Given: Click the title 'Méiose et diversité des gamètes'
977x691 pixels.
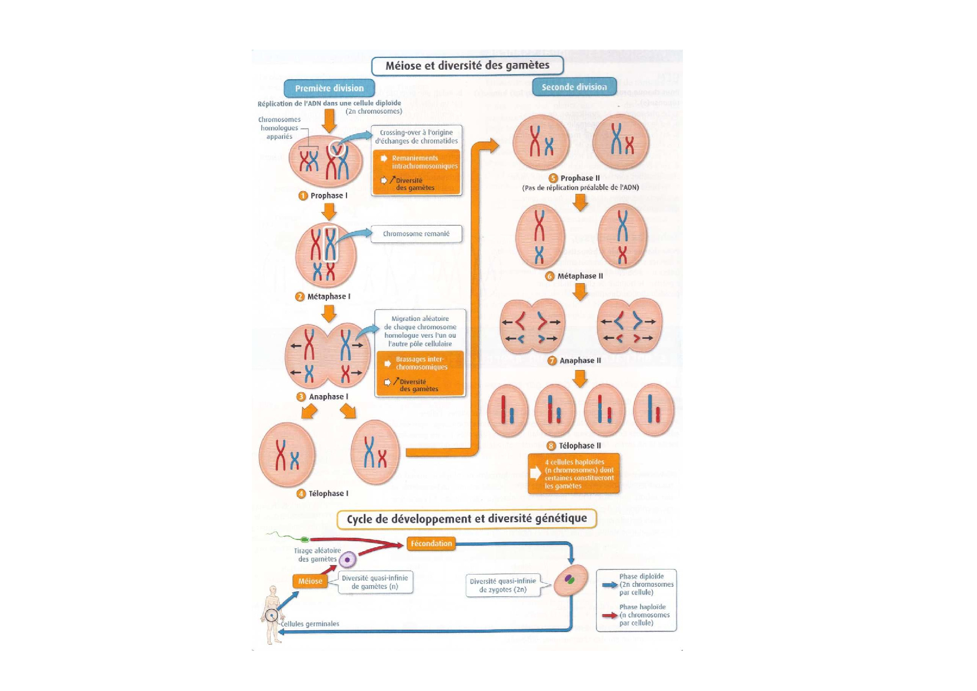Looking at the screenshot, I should point(467,66).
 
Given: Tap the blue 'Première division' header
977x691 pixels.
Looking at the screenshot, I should point(329,88).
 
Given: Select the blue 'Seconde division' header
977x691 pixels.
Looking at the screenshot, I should point(574,87).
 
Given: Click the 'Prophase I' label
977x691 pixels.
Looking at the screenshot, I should point(329,196).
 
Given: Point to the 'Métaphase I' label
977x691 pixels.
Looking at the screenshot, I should point(329,296).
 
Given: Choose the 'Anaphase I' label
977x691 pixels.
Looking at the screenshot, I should point(328,397).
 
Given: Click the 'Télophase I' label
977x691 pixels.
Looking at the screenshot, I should point(328,494).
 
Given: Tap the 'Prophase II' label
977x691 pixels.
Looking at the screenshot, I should point(579,178).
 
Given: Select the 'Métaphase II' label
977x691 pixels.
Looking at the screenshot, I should point(580,276).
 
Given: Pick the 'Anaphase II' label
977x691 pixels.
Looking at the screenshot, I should point(580,361).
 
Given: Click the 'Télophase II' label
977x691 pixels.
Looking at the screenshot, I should point(579,446).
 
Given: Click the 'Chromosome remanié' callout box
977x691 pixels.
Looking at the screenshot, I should point(416,234).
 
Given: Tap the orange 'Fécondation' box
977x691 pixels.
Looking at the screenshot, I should point(431,543).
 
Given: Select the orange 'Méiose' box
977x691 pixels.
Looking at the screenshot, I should point(310,581).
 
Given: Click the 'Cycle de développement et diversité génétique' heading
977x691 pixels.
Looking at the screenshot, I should point(467,519).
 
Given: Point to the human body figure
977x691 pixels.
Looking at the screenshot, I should point(272,614).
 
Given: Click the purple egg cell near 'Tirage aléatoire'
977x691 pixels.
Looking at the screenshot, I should point(348,559).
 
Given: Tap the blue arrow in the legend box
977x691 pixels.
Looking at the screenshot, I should point(610,585).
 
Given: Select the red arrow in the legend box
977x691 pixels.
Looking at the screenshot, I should point(610,616).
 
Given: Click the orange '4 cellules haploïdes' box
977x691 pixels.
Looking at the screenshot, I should point(574,474).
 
